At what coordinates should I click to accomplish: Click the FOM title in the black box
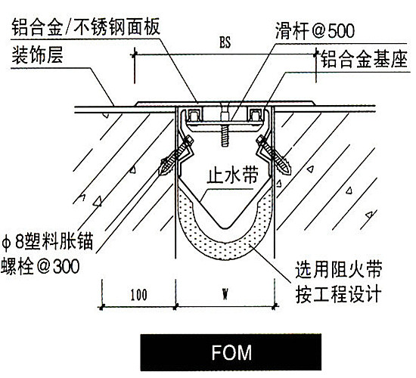pos(231,352)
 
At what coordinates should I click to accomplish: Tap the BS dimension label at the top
pos(225,42)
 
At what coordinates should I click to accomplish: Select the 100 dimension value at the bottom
pos(139,295)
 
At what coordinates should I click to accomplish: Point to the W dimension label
pos(225,294)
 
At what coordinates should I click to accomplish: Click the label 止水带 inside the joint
pos(232,175)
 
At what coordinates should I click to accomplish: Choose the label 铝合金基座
pos(364,60)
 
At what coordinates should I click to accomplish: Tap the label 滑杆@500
pos(315,31)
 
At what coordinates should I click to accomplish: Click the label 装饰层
pos(37,55)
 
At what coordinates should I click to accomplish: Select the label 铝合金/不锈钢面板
pos(86,26)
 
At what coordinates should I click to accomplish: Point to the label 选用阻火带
pos(339,269)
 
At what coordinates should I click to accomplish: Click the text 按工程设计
pos(339,293)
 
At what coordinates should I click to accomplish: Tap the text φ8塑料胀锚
pos(47,241)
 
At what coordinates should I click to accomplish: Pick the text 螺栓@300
pos(40,266)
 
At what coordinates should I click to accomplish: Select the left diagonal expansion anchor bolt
pos(175,156)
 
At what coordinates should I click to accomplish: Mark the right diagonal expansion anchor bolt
pos(274,155)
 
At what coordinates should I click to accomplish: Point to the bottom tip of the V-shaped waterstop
pos(225,228)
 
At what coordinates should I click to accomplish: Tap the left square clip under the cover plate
pos(194,116)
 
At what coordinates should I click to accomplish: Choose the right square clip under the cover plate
pos(255,116)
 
